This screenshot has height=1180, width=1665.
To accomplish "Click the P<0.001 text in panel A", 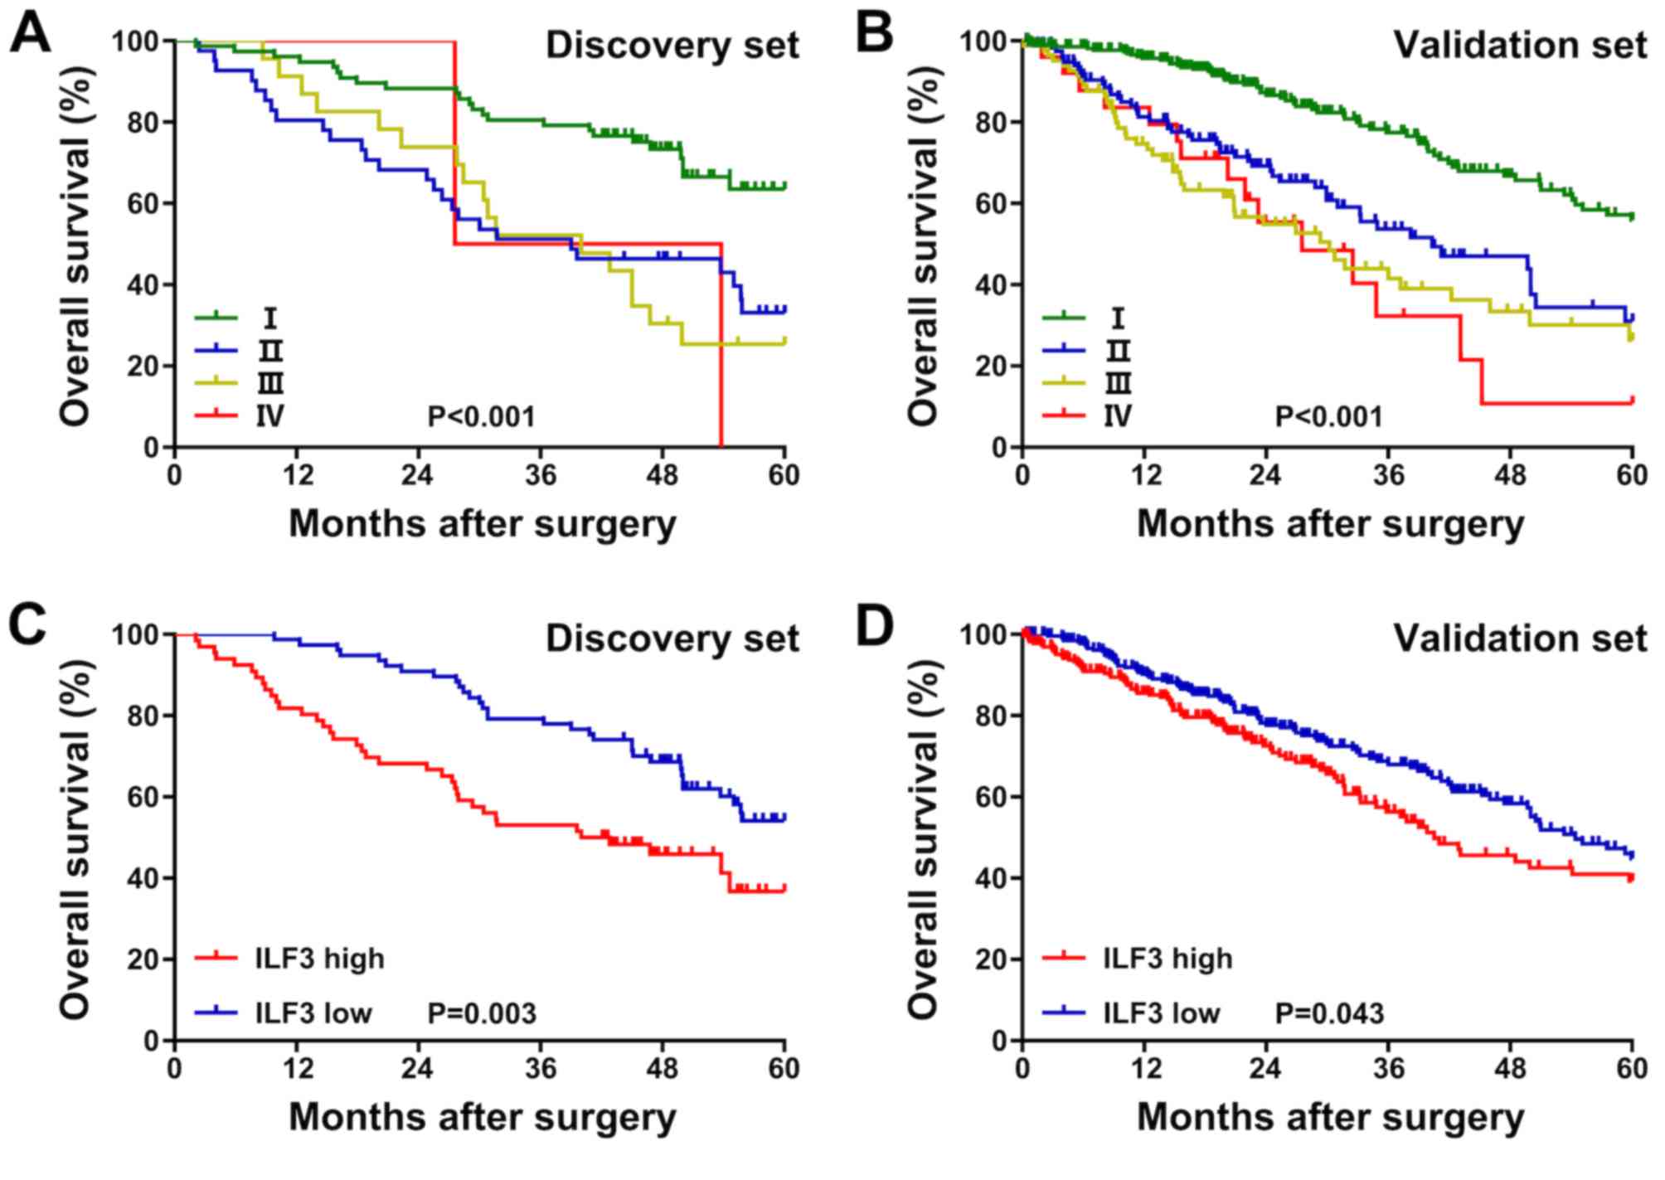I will point(481,415).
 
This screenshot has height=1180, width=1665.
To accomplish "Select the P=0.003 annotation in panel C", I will point(482,1012).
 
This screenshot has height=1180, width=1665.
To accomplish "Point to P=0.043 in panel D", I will point(1329,1012).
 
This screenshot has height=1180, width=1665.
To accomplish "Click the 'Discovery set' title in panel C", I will point(672,639).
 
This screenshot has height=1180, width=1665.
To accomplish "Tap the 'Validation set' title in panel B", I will point(1520,45).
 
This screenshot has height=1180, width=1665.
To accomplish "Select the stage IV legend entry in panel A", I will point(270,415).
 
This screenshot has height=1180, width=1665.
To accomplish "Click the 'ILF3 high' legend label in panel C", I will point(320,959).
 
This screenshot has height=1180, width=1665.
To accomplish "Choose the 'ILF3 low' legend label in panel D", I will point(1161,1012).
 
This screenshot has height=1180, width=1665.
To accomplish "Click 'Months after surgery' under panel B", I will point(1330,524).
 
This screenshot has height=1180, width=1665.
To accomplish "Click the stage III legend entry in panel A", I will point(270,383).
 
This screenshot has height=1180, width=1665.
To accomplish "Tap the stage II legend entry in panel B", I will point(1118,351).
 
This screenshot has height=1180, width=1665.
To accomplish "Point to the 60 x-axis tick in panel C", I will point(784,1068).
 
